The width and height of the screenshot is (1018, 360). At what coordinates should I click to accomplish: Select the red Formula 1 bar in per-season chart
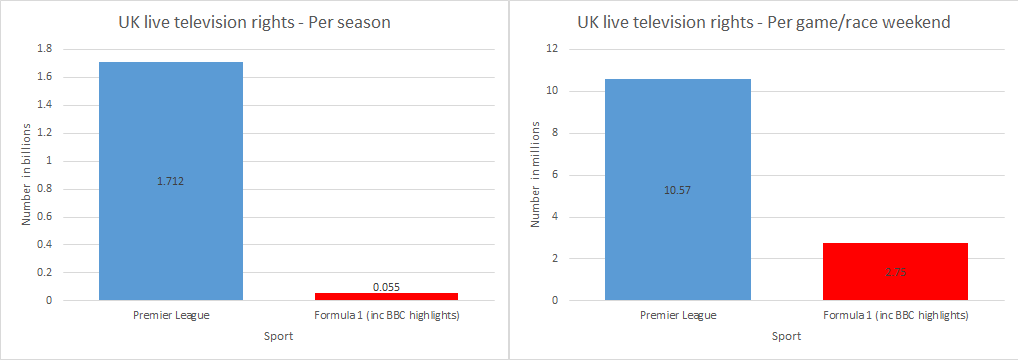386,296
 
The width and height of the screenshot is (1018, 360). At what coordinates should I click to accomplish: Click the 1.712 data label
170,181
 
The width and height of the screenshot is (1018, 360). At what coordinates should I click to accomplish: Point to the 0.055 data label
386,286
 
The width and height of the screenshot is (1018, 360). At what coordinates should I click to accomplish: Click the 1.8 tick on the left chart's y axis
44,49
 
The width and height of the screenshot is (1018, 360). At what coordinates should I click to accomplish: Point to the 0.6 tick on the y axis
44,216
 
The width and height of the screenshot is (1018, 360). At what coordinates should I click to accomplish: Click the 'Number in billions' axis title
27,175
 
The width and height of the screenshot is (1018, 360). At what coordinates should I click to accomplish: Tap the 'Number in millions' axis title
535,175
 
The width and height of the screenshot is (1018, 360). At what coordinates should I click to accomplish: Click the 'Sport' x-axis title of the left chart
278,337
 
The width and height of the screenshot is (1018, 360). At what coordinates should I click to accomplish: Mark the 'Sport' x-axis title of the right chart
786,337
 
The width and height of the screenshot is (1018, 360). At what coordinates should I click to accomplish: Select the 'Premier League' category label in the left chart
170,316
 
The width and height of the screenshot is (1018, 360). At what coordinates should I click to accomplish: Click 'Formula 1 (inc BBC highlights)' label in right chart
895,316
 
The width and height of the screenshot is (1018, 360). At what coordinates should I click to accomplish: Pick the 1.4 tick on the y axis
44,105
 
